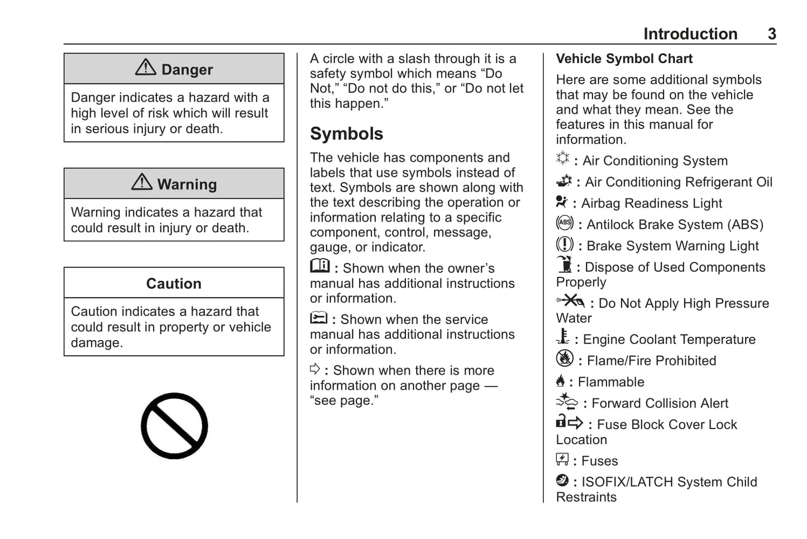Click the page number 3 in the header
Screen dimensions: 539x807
tap(772, 34)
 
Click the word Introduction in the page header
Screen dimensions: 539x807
tap(690, 34)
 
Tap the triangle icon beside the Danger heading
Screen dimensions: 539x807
tap(146, 67)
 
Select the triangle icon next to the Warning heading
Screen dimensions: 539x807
tap(142, 182)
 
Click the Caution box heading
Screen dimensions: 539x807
tap(174, 283)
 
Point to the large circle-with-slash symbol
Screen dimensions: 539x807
tap(174, 426)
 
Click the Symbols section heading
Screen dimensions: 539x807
tap(346, 133)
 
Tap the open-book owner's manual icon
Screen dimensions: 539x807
tap(320, 265)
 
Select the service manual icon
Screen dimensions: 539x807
tap(319, 318)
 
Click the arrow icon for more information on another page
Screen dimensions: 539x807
tap(315, 369)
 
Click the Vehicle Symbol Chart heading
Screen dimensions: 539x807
tap(624, 59)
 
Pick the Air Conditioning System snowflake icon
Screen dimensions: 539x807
tap(563, 159)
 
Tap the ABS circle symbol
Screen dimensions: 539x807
tap(565, 223)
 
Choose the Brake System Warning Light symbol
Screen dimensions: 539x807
tap(565, 244)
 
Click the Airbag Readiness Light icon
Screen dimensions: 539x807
tap(561, 202)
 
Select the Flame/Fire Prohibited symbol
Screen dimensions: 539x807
tap(565, 359)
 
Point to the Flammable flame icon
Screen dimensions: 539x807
tap(561, 381)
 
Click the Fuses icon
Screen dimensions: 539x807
tap(562, 459)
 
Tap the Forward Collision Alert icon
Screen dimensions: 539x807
tap(567, 402)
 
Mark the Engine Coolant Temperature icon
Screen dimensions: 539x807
tap(563, 337)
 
